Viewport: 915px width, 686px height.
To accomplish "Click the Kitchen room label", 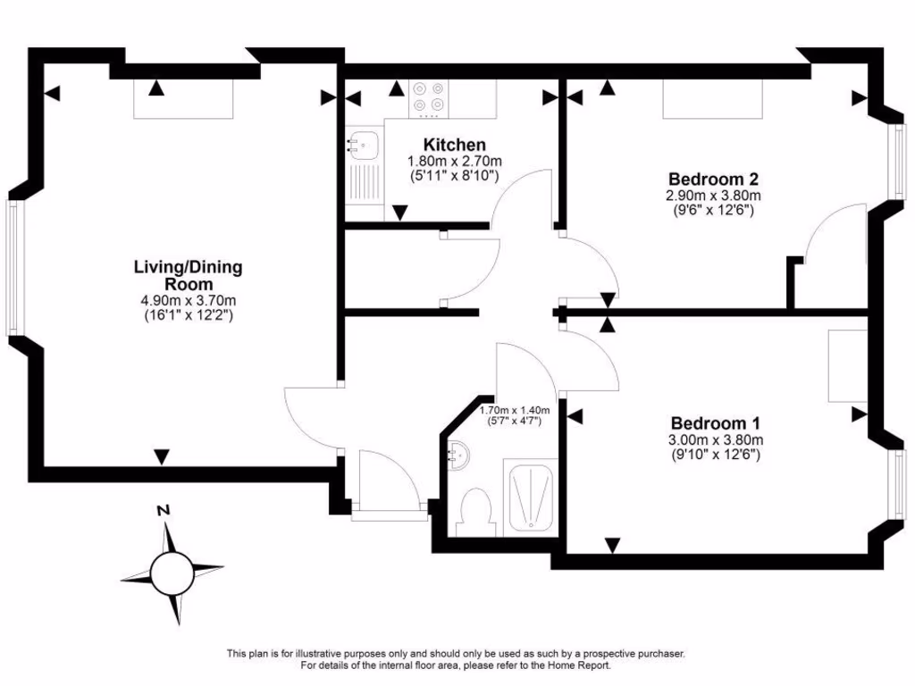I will [x=454, y=145].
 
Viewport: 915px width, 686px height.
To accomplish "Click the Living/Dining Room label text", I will [x=188, y=275].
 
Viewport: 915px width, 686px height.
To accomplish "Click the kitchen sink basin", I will [x=363, y=144].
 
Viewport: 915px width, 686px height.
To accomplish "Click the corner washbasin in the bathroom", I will [x=459, y=456].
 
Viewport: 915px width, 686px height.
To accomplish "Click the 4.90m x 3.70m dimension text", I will [x=188, y=300].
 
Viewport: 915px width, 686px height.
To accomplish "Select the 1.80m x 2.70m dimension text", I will [x=454, y=162].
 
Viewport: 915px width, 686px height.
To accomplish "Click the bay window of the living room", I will [x=13, y=267].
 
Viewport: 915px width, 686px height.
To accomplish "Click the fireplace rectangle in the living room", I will [x=183, y=98].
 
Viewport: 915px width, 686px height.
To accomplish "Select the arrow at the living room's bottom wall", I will [x=161, y=456].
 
